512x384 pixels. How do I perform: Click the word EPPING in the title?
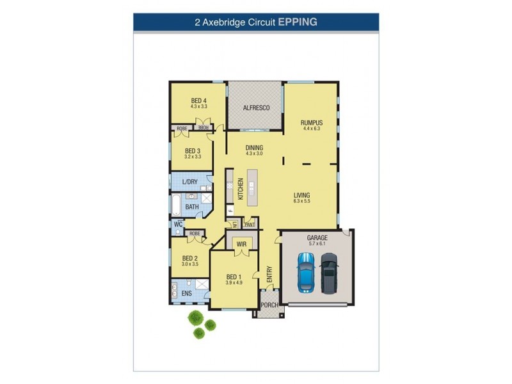(298, 21)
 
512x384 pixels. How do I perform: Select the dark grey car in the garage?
(329, 272)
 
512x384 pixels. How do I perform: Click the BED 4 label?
(198, 100)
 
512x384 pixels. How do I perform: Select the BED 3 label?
(193, 151)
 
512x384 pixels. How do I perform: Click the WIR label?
(242, 244)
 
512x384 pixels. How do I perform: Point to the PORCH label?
(269, 305)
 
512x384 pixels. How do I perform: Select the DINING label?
(254, 148)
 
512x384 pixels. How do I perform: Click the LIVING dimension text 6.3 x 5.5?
(302, 202)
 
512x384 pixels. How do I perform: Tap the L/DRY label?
(189, 182)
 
